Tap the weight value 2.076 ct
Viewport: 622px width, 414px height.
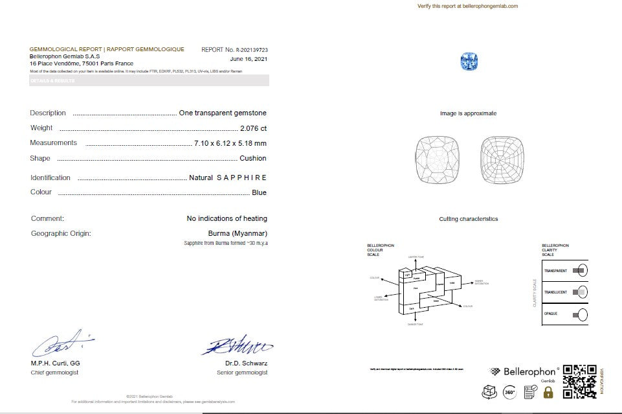click(x=252, y=128)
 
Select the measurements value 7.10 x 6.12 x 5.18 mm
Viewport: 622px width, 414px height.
click(x=230, y=143)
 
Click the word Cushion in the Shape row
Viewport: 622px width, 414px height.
click(x=252, y=158)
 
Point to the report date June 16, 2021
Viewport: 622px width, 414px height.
click(x=249, y=59)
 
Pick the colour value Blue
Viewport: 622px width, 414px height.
click(x=259, y=192)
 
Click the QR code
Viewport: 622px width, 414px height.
click(x=579, y=382)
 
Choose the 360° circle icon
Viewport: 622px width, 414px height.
click(x=509, y=391)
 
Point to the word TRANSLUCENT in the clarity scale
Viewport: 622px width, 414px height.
click(x=555, y=292)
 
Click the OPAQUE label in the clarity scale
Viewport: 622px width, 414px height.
click(x=551, y=314)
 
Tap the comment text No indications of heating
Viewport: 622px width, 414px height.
click(x=227, y=218)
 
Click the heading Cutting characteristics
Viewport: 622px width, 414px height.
click(x=468, y=219)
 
